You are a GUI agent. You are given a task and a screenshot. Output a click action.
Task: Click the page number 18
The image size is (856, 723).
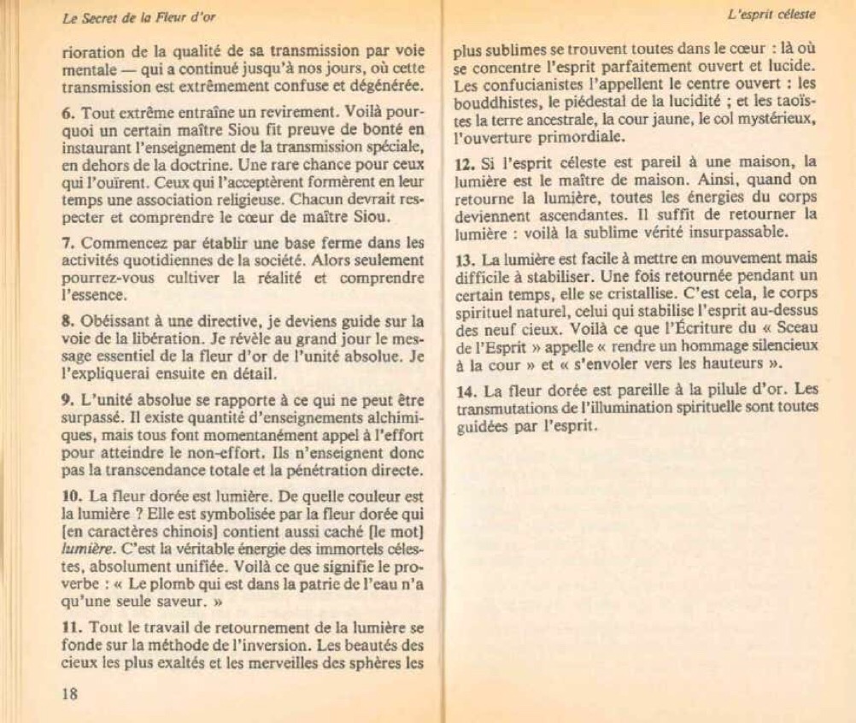coord(70,693)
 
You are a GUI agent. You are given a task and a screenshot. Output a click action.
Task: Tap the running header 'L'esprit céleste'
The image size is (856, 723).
coord(771,14)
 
